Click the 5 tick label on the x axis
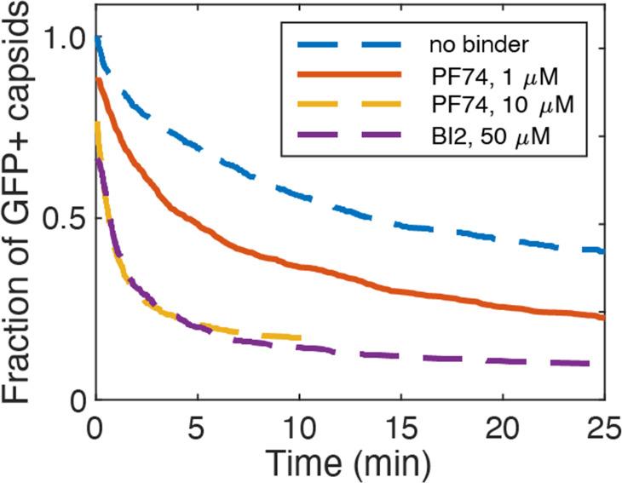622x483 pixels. click(197, 424)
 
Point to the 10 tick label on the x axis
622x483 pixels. click(299, 424)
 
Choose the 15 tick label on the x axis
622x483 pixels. click(401, 424)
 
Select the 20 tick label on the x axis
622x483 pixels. click(503, 424)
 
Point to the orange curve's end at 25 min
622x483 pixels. click(604, 317)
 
